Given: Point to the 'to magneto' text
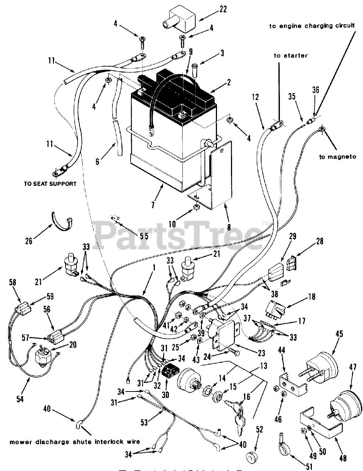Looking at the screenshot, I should tap(337, 157).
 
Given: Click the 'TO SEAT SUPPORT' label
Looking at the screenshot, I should tap(50, 183).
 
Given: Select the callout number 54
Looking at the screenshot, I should tap(20, 399).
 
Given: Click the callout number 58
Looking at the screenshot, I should tap(12, 282).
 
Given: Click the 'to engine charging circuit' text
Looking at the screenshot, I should tap(312, 26).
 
